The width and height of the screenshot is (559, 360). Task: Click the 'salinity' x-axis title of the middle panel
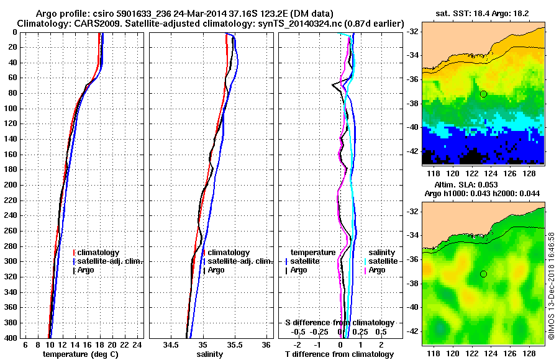[x=210, y=354]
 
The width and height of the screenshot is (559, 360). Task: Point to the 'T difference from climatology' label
[x=339, y=354]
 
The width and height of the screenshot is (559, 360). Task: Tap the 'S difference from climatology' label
[x=339, y=323]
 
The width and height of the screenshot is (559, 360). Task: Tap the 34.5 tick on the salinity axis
[x=171, y=344]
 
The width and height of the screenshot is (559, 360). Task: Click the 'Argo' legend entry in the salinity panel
[x=216, y=270]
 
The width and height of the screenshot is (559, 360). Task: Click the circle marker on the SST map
[x=483, y=94]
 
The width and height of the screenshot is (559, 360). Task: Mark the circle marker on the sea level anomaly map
[x=483, y=274]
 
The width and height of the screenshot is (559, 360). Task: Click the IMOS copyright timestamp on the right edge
[x=552, y=286]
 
